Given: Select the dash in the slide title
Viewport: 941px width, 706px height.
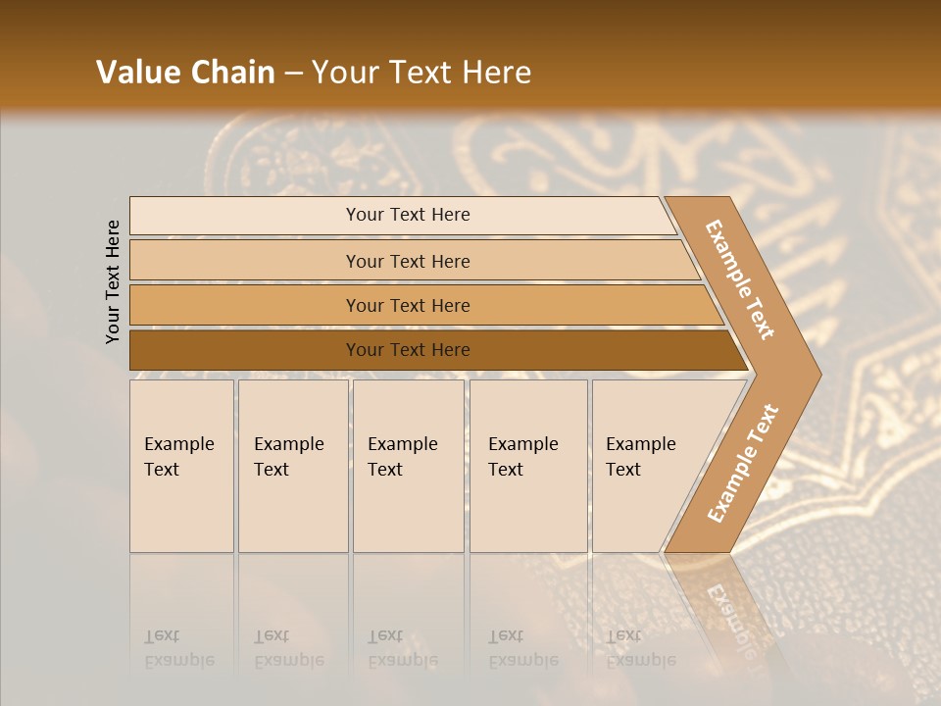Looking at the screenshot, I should [293, 74].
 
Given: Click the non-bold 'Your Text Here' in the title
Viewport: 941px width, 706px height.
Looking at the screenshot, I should [421, 73].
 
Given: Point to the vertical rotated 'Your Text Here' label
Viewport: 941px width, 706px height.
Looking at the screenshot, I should [113, 282].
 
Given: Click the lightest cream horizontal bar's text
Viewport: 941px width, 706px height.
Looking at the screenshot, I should [408, 215].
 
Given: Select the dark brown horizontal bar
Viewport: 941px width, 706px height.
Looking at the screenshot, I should [408, 350].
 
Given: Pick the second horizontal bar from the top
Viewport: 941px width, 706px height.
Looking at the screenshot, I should [408, 261].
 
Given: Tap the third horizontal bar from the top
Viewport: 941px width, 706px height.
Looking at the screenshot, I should [408, 306].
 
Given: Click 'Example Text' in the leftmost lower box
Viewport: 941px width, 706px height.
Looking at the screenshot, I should [178, 457].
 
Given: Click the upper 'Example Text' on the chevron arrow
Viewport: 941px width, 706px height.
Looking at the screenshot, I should [740, 279].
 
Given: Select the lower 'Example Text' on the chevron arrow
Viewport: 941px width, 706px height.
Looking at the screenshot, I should [742, 463].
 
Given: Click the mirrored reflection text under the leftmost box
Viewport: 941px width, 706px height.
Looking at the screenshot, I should [178, 648].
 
